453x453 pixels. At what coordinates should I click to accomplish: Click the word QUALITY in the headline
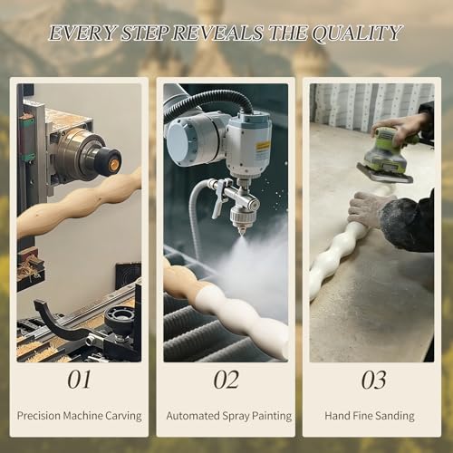tap(357, 34)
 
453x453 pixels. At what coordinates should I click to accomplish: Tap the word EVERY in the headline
tap(82, 33)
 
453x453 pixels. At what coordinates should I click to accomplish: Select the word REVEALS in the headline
tap(217, 33)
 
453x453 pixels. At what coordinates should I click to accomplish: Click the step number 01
tap(79, 380)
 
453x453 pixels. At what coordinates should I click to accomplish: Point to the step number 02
tap(226, 380)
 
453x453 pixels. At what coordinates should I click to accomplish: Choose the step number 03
tap(373, 380)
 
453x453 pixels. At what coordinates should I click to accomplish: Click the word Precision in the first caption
tap(39, 416)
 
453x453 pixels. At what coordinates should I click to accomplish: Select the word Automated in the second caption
tap(193, 416)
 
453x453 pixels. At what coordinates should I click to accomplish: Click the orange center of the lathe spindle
tap(114, 164)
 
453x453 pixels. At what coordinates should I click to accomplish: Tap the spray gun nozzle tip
tap(242, 233)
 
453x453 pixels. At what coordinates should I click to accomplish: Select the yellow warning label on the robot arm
tap(262, 147)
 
